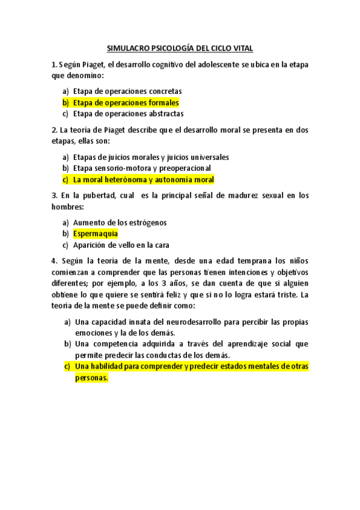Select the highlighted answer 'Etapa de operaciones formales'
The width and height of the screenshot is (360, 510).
126,103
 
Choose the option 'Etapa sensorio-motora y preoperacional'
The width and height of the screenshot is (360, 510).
142,168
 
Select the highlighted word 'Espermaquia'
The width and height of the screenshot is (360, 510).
96,233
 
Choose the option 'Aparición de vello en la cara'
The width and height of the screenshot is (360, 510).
121,245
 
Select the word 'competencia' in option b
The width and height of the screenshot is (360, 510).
120,344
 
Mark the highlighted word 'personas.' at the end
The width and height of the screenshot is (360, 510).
91,378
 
